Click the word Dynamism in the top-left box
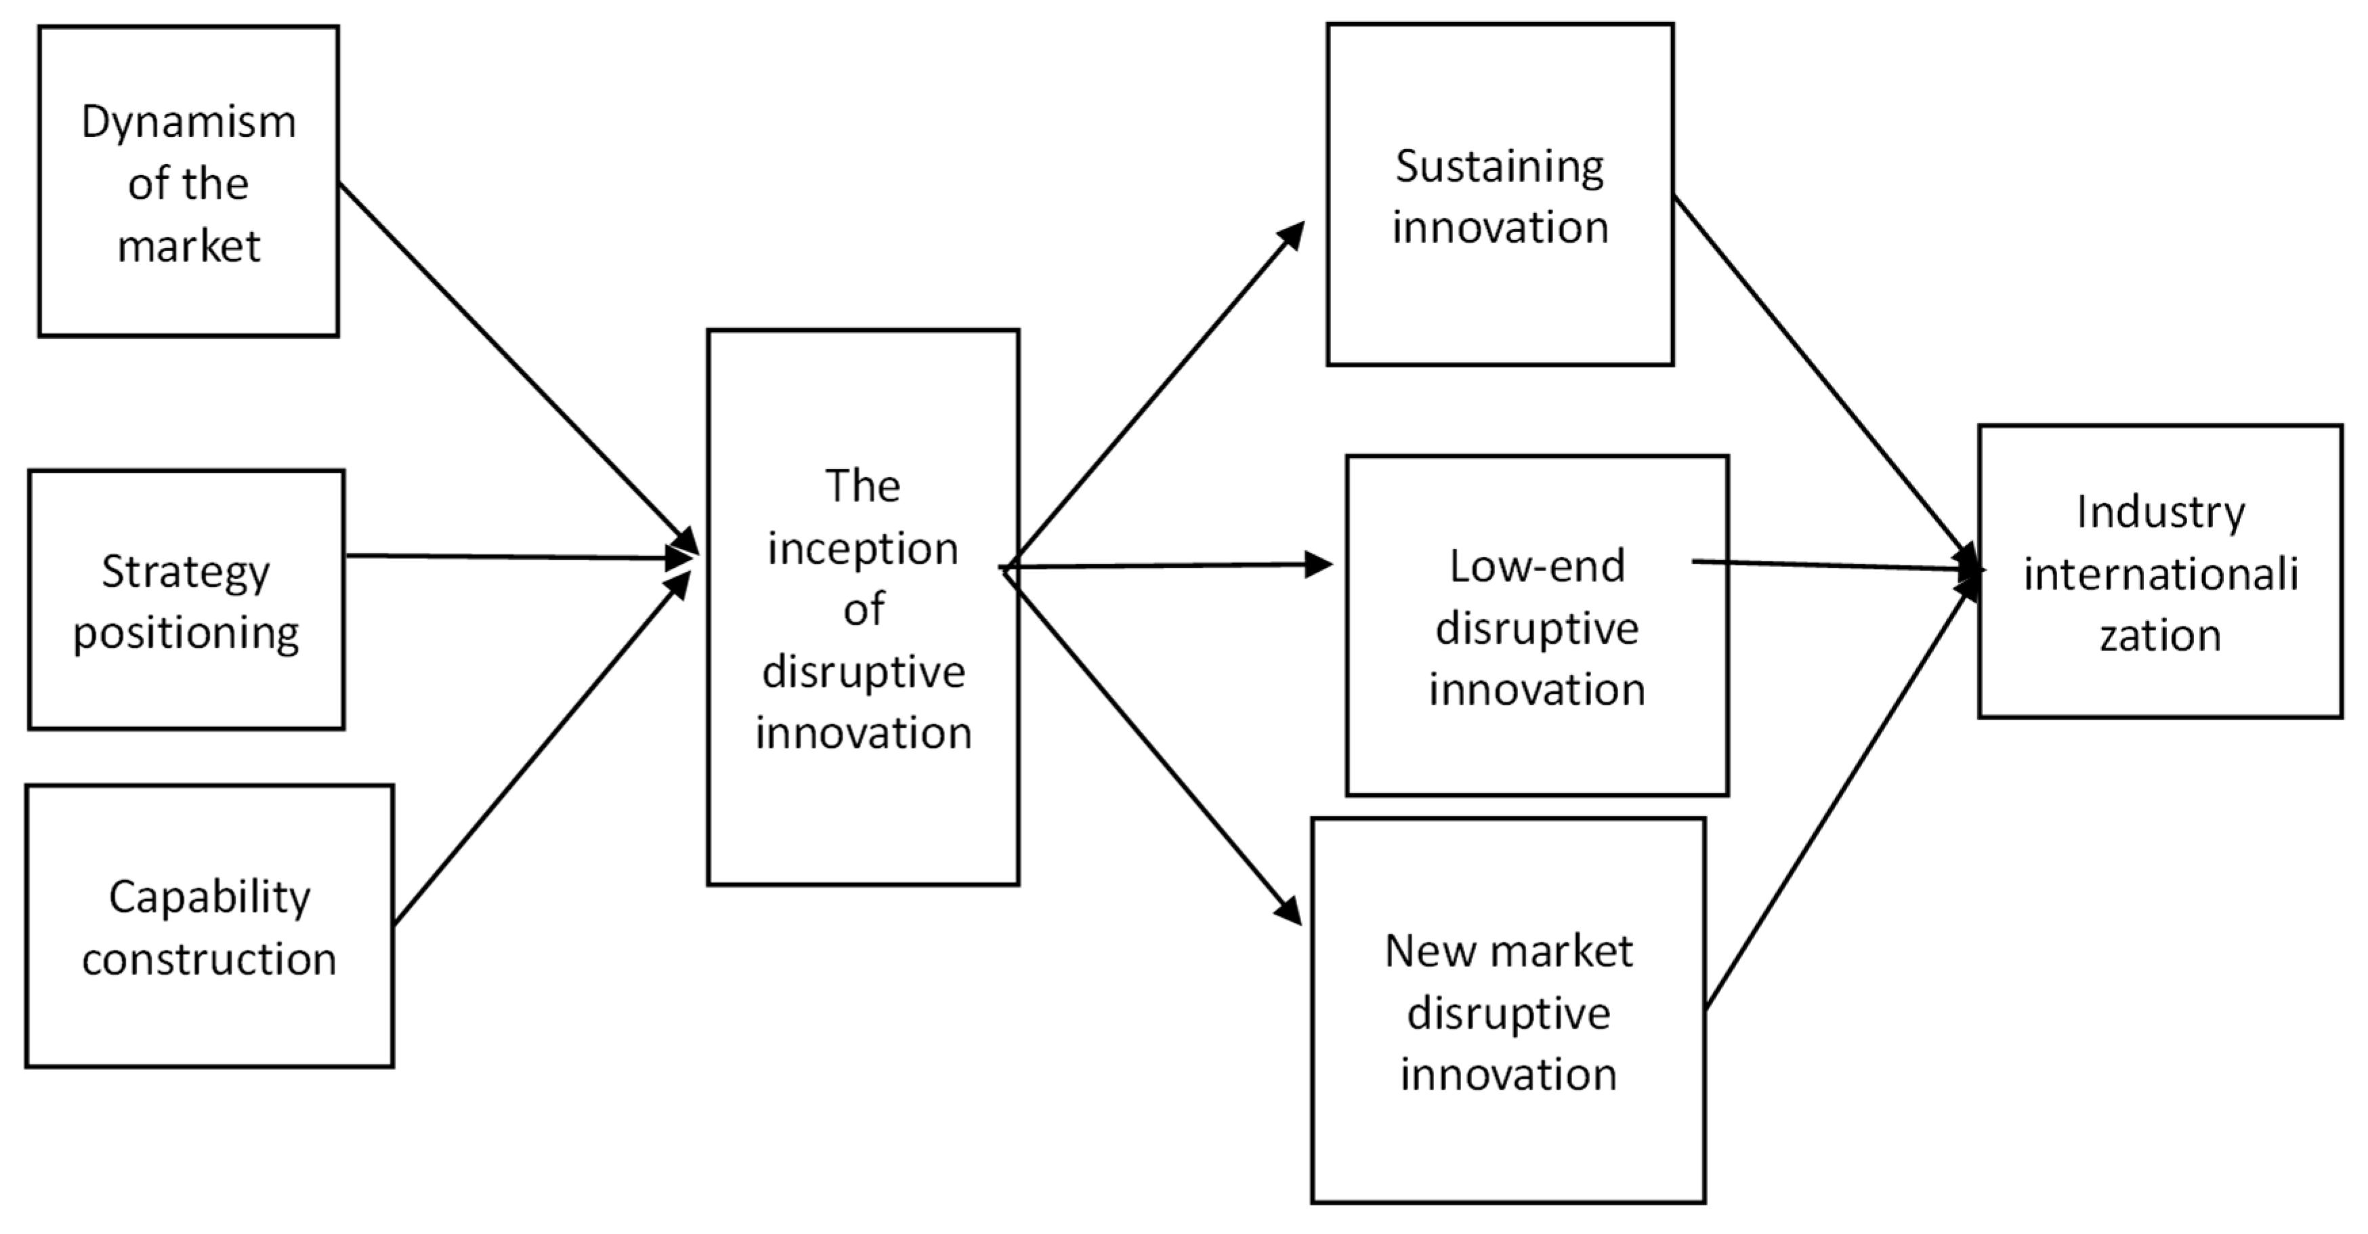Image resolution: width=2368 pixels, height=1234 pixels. coord(188,122)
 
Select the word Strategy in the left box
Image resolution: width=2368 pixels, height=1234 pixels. coord(186,573)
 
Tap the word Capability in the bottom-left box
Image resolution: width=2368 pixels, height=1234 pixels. coord(209,897)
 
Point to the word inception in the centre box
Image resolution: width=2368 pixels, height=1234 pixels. coord(863,549)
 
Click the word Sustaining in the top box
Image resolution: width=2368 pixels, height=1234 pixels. coord(1500,167)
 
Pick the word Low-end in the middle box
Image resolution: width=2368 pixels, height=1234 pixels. coord(1537,567)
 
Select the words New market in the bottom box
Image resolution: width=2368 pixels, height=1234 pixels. coord(1508,951)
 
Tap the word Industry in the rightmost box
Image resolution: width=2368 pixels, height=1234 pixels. coord(2160,512)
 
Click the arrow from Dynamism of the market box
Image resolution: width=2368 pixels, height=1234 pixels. coord(515,363)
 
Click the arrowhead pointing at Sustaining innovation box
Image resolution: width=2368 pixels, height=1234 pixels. coord(1292,235)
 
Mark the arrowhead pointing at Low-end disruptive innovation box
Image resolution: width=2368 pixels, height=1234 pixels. coord(1319,564)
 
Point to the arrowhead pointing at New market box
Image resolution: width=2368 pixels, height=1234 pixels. coord(1289,910)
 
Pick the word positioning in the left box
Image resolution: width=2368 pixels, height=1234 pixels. coord(186,634)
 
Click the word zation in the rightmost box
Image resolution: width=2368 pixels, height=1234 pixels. coord(2160,636)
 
